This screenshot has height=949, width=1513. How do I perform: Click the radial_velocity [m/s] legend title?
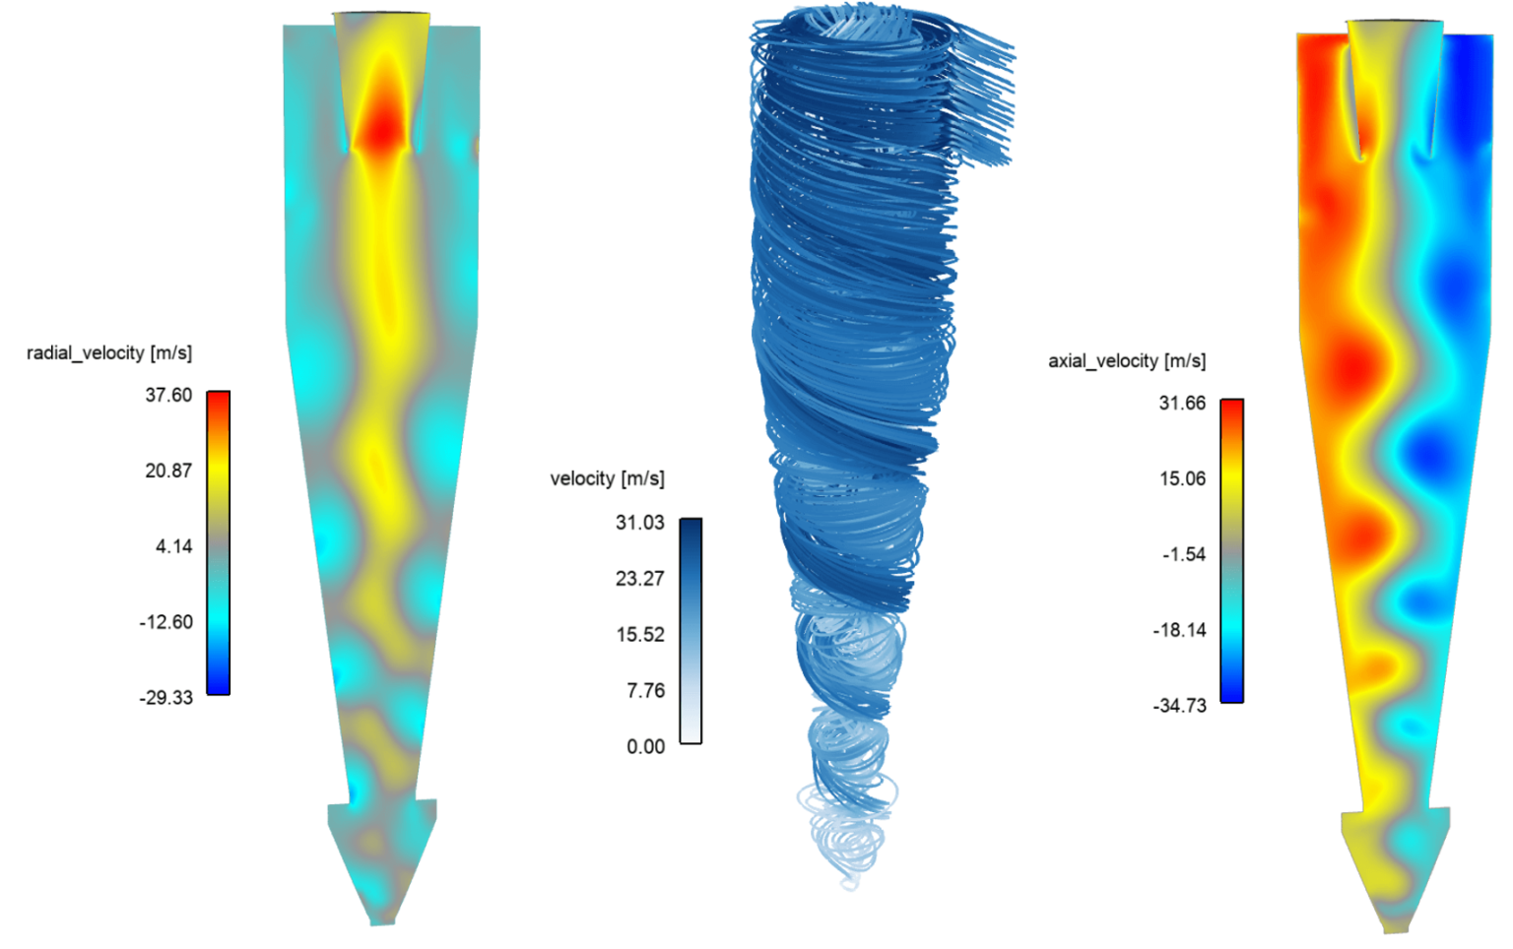pos(109,352)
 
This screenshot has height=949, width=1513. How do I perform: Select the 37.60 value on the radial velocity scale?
pos(168,395)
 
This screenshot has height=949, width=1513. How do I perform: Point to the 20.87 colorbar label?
pos(168,471)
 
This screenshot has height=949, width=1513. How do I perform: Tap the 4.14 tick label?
pos(173,546)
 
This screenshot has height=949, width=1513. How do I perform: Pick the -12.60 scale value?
pos(165,622)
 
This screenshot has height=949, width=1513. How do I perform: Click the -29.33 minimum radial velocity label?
pos(165,698)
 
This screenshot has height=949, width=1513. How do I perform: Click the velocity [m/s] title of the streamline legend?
pos(607,478)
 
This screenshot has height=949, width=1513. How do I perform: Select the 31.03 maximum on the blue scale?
pos(640,523)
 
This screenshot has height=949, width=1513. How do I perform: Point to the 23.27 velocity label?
pos(640,579)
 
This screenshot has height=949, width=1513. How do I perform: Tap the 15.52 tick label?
pos(640,635)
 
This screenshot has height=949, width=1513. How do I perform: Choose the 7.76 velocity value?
pos(645,691)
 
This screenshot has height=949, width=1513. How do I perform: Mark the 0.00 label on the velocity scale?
pos(645,747)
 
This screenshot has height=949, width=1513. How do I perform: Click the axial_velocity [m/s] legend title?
pos(1127,361)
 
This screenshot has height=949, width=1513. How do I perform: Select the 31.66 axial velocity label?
pos(1182,404)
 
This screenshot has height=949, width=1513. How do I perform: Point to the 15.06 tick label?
pos(1182,479)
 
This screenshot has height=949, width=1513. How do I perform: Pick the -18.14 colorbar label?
pos(1179,630)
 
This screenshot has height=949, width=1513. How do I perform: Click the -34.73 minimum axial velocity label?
pos(1179,706)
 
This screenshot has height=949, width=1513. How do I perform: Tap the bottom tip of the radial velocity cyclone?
pos(381,921)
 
